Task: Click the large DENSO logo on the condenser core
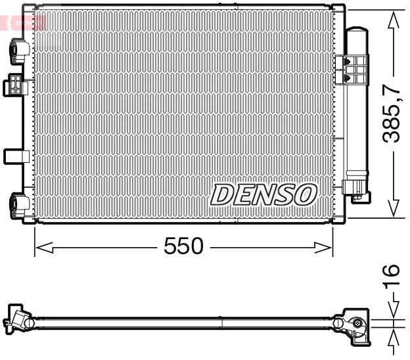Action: (263, 194)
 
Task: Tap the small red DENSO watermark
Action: (24, 23)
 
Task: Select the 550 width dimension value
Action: (183, 247)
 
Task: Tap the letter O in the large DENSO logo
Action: (306, 194)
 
